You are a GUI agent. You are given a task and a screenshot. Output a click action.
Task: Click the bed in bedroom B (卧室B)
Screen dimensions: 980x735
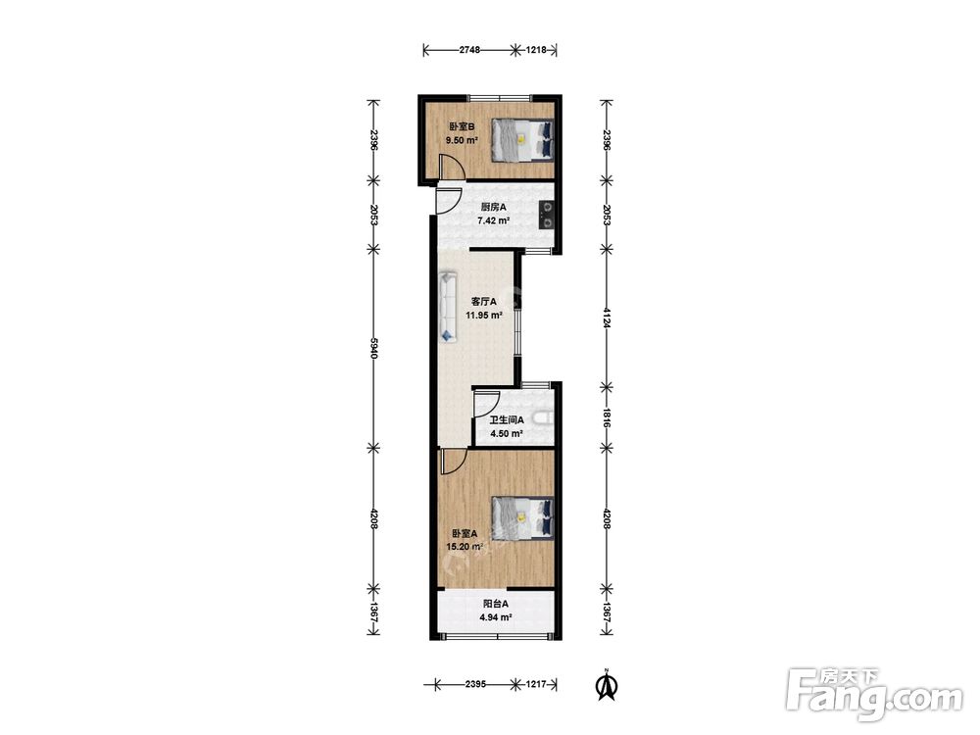coord(522,140)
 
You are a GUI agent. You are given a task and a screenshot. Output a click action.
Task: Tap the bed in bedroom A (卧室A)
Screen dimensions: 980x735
coord(522,516)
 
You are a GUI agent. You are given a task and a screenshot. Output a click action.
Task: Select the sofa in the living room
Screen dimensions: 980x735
coord(448,306)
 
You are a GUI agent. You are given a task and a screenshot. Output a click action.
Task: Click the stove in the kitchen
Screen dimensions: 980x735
coord(547,215)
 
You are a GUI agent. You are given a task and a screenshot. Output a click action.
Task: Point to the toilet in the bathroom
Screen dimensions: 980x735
coord(544,417)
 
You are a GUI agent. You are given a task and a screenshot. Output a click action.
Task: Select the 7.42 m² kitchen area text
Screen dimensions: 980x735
coord(493,220)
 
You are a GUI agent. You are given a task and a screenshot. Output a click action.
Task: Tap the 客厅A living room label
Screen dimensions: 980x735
coord(484,301)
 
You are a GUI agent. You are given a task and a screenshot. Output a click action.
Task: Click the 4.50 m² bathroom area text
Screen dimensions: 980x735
coord(507,433)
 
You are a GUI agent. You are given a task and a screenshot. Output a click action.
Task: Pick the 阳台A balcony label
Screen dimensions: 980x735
coord(496,604)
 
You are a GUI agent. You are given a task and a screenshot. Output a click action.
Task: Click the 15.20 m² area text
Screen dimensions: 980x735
coord(465,547)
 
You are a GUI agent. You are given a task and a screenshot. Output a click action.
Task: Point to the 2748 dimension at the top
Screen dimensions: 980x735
coord(469,50)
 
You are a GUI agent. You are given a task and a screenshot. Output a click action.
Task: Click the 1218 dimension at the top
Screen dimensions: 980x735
coord(536,50)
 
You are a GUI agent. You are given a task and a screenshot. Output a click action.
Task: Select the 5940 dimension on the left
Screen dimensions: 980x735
coord(373,348)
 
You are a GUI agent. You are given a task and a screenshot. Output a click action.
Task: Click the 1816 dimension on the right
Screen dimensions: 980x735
coord(606,417)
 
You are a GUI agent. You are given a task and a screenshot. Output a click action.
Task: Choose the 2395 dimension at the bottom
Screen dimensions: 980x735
coord(475,684)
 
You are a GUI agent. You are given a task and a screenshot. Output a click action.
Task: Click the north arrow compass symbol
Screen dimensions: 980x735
coord(605,684)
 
